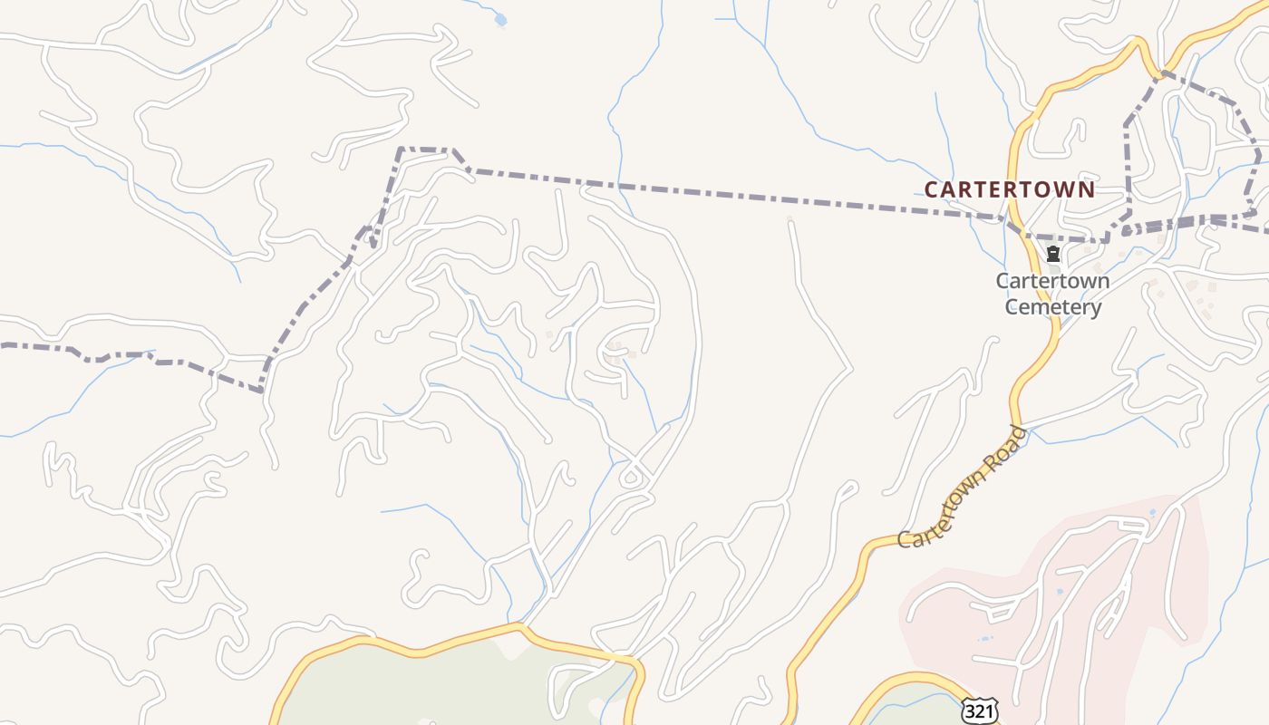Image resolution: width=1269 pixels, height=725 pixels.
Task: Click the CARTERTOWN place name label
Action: (1010, 189)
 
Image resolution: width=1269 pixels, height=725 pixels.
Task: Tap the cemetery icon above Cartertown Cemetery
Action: (1053, 254)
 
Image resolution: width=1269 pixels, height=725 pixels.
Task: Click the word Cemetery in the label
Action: (1053, 306)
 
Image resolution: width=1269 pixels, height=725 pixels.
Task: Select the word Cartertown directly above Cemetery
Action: (1052, 281)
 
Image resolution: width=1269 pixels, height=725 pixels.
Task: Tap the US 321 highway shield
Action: (979, 711)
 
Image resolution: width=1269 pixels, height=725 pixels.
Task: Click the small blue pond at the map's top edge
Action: (500, 19)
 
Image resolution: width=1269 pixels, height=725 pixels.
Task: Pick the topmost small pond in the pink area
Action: (1153, 513)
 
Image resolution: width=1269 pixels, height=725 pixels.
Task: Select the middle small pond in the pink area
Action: (1060, 592)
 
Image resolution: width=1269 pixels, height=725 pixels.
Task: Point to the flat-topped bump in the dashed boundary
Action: (426, 150)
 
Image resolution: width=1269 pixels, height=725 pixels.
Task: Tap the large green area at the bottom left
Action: (435, 680)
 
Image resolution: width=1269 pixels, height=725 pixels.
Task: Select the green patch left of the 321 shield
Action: (906, 707)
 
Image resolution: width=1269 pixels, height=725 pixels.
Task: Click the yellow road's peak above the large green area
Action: (519, 625)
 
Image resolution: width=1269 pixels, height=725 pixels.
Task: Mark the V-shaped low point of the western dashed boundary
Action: (263, 390)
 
